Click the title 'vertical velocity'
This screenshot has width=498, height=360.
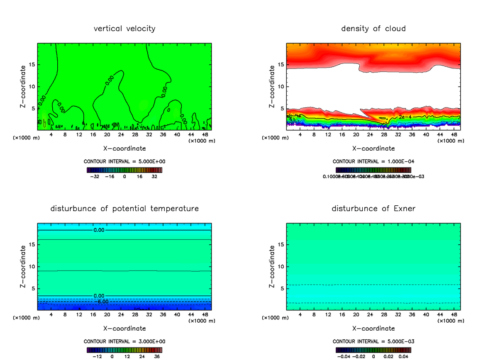(124, 29)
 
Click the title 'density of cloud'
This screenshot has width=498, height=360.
(373, 29)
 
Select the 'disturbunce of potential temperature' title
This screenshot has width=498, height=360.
(124, 208)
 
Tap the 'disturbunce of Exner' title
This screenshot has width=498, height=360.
(373, 208)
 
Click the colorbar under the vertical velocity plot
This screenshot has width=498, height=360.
(124, 170)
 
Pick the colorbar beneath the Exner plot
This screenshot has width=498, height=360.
(373, 350)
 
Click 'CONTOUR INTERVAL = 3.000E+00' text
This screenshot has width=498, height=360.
(124, 342)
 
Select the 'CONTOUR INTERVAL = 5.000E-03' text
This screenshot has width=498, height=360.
(373, 342)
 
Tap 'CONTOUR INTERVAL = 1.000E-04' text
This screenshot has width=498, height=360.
(373, 162)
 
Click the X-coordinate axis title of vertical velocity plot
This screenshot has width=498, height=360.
(124, 148)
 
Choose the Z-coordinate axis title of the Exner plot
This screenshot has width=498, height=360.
(273, 266)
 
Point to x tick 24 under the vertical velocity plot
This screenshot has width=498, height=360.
(121, 134)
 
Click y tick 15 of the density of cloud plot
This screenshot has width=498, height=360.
(281, 65)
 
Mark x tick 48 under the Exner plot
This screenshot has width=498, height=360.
(453, 314)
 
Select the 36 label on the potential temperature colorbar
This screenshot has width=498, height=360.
(157, 356)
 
